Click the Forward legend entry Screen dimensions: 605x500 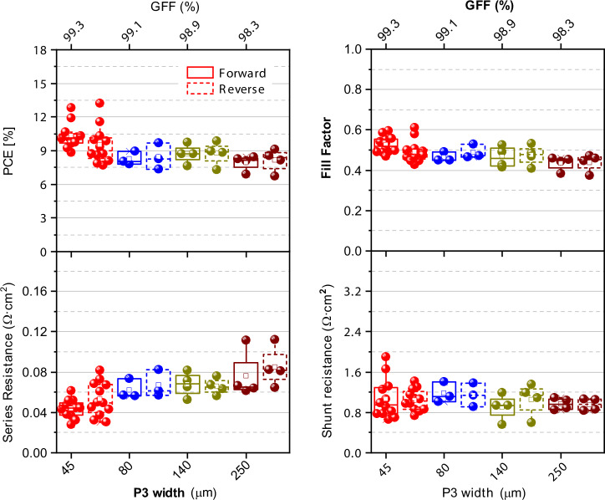click(x=226, y=73)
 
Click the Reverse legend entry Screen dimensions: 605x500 click(x=226, y=89)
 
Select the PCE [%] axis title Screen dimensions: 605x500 click(x=8, y=151)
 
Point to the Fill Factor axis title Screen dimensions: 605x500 click(x=327, y=148)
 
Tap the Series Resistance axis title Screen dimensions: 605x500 click(x=8, y=362)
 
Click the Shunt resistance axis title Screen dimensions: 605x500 click(x=327, y=362)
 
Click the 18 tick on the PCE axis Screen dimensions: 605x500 click(x=40, y=50)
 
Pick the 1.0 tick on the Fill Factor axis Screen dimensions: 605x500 click(x=353, y=49)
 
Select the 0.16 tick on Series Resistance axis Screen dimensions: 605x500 click(x=34, y=291)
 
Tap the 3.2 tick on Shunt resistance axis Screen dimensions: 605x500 click(x=353, y=291)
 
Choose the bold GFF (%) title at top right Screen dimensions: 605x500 click(x=489, y=6)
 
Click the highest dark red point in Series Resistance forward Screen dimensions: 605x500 click(x=246, y=340)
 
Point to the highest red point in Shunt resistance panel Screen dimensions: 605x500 click(x=385, y=356)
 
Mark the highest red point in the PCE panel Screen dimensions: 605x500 click(x=100, y=103)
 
